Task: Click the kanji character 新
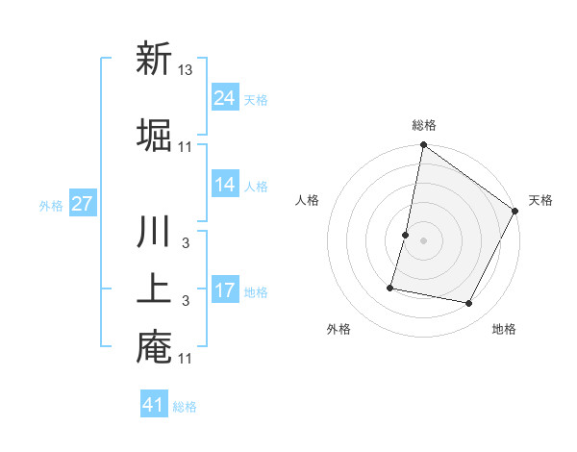(154, 60)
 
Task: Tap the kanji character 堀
(154, 136)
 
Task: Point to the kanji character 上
(154, 289)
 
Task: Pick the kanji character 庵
(154, 347)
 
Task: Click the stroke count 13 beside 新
(187, 69)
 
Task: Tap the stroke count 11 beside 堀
(186, 146)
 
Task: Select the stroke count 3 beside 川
(186, 242)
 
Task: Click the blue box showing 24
(225, 98)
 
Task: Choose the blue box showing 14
(225, 185)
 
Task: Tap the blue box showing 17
(225, 290)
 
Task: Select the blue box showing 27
(82, 204)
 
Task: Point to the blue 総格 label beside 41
(185, 407)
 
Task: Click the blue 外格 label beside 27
(51, 206)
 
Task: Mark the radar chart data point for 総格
(423, 145)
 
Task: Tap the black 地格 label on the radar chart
(504, 330)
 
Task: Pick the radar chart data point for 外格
(391, 287)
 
